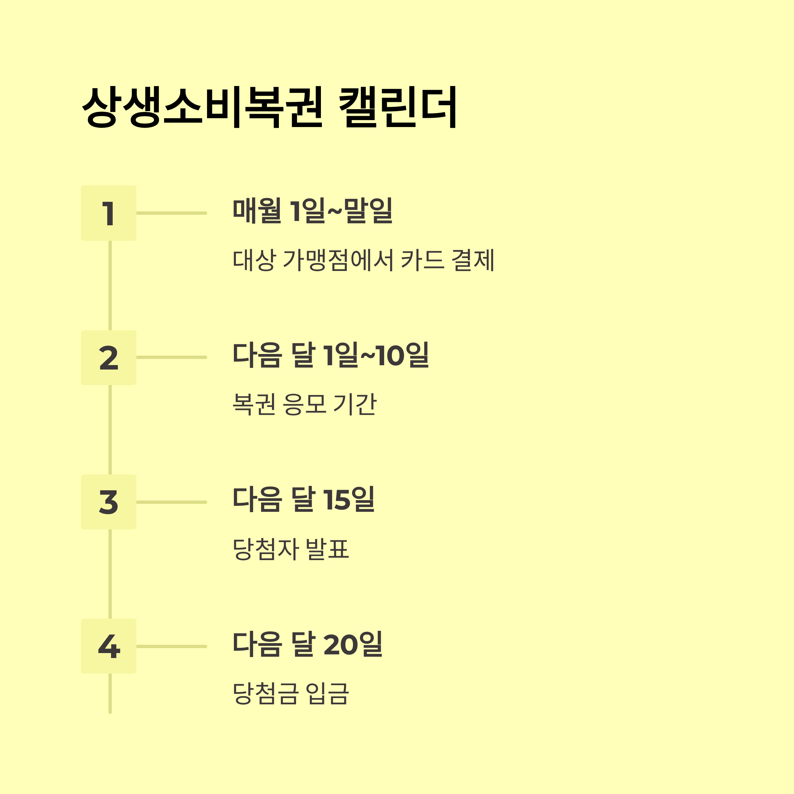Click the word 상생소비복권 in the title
click(202, 107)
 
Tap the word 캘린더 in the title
click(398, 107)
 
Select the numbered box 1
click(109, 213)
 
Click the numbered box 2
click(109, 358)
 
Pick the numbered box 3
click(109, 502)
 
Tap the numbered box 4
click(109, 646)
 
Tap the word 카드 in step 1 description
click(422, 260)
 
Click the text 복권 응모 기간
click(304, 404)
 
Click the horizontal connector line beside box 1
click(171, 213)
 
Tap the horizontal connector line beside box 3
click(171, 502)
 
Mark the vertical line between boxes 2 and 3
click(110, 429)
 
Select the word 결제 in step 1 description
click(473, 260)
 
